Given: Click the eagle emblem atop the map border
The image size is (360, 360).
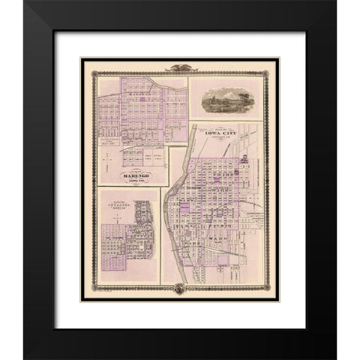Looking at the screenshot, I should pyautogui.click(x=180, y=67).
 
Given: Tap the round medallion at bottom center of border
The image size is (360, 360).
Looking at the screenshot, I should pyautogui.click(x=180, y=288).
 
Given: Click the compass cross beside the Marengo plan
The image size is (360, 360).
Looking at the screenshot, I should pyautogui.click(x=109, y=157).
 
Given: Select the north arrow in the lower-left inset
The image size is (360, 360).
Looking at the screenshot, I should pyautogui.click(x=112, y=217).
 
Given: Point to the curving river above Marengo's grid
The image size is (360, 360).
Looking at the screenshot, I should pyautogui.click(x=157, y=82).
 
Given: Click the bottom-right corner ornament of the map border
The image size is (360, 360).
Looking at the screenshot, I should pyautogui.click(x=273, y=294).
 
